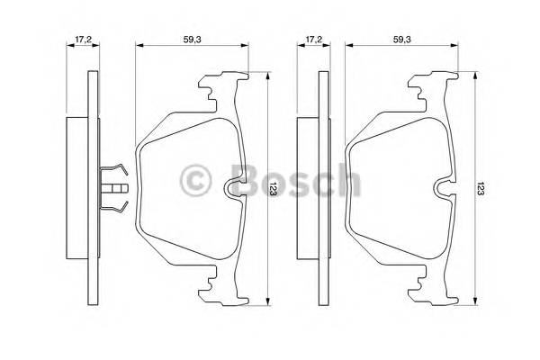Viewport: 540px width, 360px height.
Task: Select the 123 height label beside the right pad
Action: click(483, 192)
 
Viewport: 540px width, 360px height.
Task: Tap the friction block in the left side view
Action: click(77, 189)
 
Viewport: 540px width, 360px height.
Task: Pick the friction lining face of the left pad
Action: click(184, 189)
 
